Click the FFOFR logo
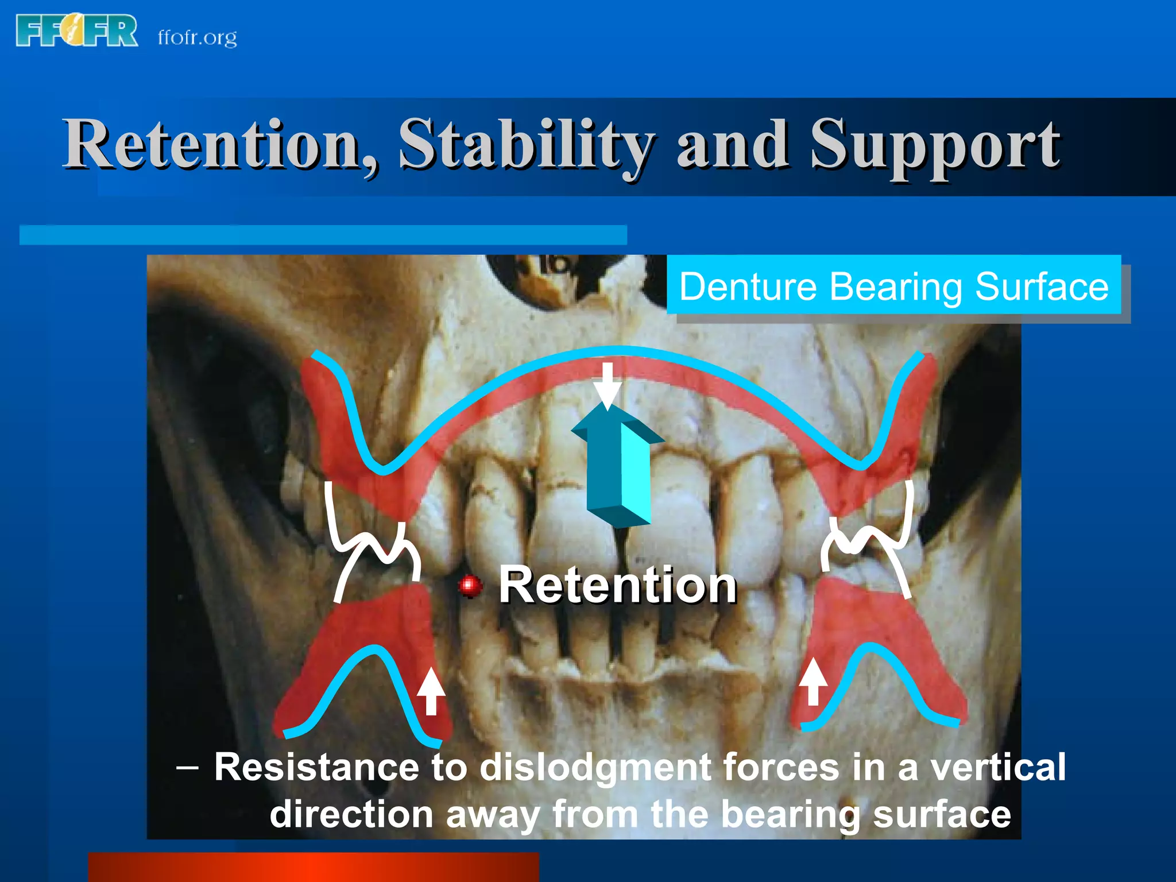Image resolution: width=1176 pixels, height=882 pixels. [77, 31]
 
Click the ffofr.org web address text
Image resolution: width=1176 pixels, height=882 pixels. [197, 38]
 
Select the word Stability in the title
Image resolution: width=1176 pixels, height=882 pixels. [526, 145]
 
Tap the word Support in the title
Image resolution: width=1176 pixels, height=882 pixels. [935, 145]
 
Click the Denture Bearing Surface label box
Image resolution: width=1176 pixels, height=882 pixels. [893, 285]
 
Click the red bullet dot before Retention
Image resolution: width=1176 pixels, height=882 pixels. [470, 586]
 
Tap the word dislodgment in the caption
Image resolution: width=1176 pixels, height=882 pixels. [595, 767]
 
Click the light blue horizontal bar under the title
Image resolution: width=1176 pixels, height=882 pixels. [323, 235]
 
